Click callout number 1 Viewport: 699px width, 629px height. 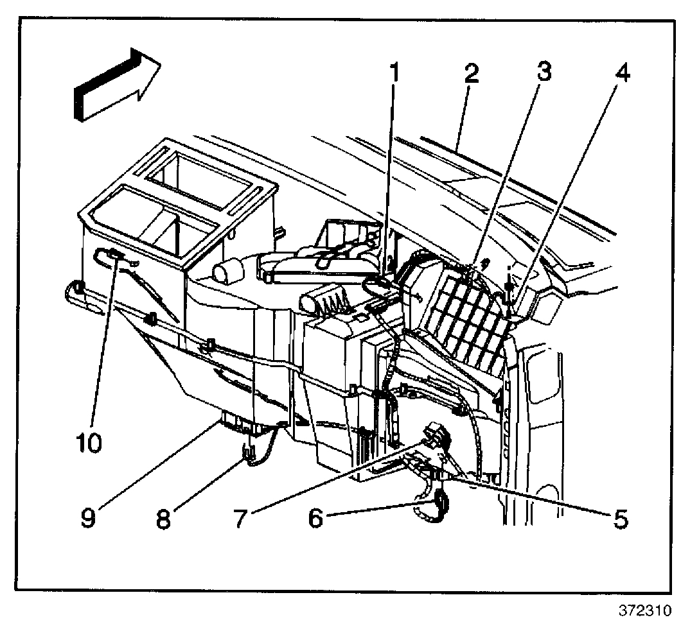[394, 75]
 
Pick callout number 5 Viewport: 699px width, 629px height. [619, 517]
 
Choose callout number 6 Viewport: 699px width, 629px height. [315, 517]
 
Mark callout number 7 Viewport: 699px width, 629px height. [239, 517]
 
